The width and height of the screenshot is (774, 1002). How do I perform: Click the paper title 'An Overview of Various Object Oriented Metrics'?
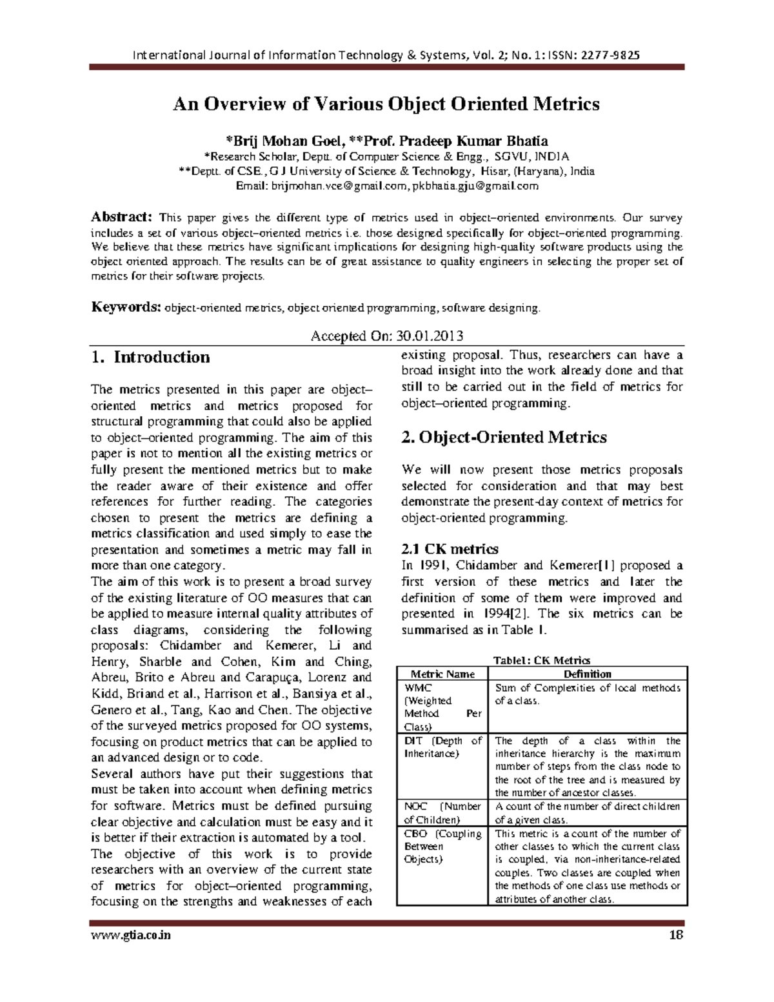pos(386,105)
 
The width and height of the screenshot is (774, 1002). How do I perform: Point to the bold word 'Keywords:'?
pos(125,307)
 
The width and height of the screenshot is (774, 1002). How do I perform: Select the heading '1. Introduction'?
pos(150,357)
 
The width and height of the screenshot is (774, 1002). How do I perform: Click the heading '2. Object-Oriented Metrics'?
pos(504,437)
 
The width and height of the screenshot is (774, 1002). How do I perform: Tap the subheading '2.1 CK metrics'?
pos(450,549)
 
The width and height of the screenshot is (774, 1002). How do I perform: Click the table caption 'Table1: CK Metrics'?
pos(541,660)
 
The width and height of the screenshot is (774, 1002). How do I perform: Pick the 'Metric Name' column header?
pos(442,674)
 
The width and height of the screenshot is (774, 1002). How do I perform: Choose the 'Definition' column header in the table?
pos(587,674)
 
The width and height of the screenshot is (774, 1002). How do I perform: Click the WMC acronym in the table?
pos(418,688)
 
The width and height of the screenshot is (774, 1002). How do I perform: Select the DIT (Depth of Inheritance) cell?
pos(442,747)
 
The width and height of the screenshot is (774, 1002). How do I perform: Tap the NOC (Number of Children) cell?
pos(442,813)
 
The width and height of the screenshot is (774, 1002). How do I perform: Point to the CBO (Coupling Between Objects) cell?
pos(442,847)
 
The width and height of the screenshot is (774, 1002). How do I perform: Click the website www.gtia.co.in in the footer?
pos(131,935)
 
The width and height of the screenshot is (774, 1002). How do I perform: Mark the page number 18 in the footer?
pos(676,935)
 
